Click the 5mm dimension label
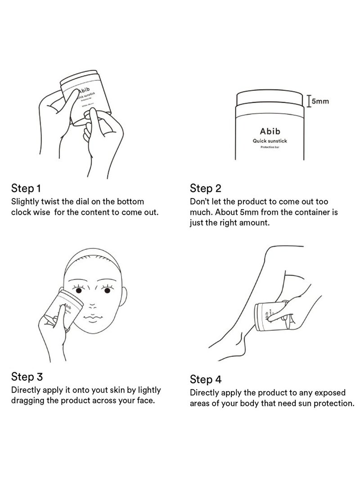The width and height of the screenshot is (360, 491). tap(320, 102)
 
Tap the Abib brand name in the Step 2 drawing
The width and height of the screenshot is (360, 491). tap(270, 132)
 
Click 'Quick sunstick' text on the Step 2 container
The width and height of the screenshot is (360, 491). tap(270, 141)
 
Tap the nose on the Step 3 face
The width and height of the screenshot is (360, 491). tap(94, 302)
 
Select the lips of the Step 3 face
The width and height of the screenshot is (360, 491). tap(94, 315)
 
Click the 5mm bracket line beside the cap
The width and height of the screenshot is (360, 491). tap(308, 102)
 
